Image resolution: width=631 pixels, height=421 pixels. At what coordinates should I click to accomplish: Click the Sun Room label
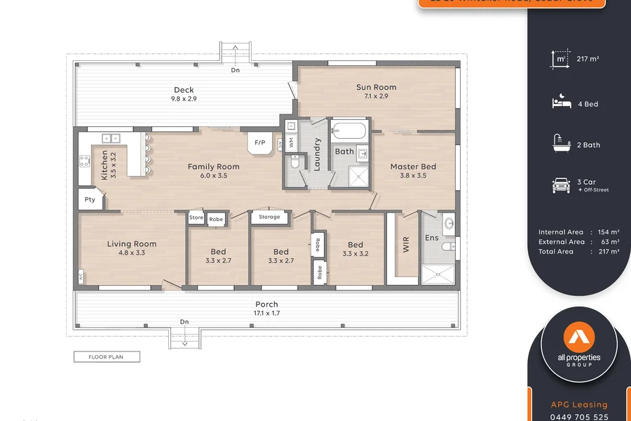pyautogui.click(x=376, y=88)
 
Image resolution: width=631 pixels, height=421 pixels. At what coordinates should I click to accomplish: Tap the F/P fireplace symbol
pyautogui.click(x=259, y=142)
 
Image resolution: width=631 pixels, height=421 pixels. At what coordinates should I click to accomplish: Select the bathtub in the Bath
pyautogui.click(x=348, y=131)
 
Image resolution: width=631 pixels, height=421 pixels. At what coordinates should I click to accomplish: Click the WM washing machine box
pyautogui.click(x=291, y=142)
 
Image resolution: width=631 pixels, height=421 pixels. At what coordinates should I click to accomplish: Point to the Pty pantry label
pyautogui.click(x=89, y=199)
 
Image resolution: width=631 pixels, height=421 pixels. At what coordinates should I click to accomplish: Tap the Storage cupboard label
pyautogui.click(x=269, y=218)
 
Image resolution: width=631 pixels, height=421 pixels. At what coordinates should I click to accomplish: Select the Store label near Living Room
pyautogui.click(x=196, y=218)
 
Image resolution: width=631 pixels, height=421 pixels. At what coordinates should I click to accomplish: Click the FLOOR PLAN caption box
pyautogui.click(x=107, y=357)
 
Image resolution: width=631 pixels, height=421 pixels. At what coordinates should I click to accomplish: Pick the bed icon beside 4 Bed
pyautogui.click(x=561, y=103)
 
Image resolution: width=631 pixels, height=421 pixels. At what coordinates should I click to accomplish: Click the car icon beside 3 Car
pyautogui.click(x=561, y=185)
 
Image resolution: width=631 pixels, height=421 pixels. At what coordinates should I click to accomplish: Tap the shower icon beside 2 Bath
pyautogui.click(x=561, y=145)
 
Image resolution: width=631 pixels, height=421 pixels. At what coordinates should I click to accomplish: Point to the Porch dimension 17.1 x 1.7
pyautogui.click(x=266, y=313)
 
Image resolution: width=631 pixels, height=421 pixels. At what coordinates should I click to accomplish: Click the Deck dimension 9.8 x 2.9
pyautogui.click(x=184, y=99)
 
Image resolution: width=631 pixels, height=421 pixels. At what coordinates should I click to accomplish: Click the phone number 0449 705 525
pyautogui.click(x=579, y=417)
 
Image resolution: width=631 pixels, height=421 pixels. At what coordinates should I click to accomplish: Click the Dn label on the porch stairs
pyautogui.click(x=184, y=322)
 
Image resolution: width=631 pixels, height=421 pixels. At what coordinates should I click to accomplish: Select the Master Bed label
pyautogui.click(x=413, y=167)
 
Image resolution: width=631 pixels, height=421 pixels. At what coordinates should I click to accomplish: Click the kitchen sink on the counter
pyautogui.click(x=111, y=138)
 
